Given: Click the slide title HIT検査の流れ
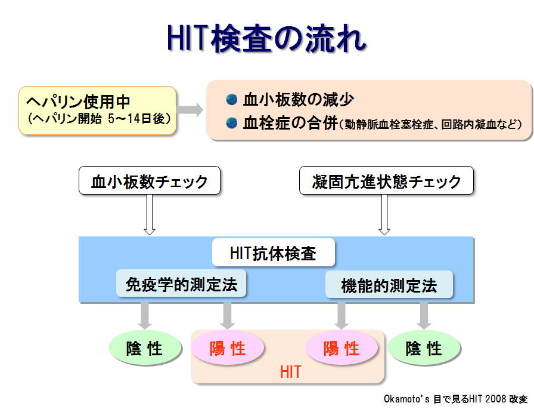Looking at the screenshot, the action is [266, 38].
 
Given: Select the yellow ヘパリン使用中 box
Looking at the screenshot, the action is [97, 110].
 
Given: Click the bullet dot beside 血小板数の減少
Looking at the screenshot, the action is [232, 100].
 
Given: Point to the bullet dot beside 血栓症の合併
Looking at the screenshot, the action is [232, 123].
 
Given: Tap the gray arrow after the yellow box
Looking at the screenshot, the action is [190, 110].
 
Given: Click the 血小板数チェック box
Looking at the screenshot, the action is [150, 180].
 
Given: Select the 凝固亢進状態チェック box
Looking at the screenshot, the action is [386, 180].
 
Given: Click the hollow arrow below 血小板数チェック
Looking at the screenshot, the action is [150, 214].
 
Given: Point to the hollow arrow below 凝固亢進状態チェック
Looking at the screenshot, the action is [384, 214].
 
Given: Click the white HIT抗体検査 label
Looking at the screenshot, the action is [274, 253].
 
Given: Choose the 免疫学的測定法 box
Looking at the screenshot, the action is [181, 284].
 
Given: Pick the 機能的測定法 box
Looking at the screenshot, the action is [389, 285].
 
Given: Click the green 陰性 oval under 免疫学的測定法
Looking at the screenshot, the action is [145, 348].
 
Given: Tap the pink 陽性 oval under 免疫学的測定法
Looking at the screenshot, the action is [228, 348].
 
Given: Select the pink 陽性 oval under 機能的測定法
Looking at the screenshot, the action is [341, 348].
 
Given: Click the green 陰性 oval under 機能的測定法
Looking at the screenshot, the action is [424, 348].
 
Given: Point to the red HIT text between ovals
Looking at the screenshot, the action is [290, 372].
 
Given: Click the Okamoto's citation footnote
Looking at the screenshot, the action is [455, 399].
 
